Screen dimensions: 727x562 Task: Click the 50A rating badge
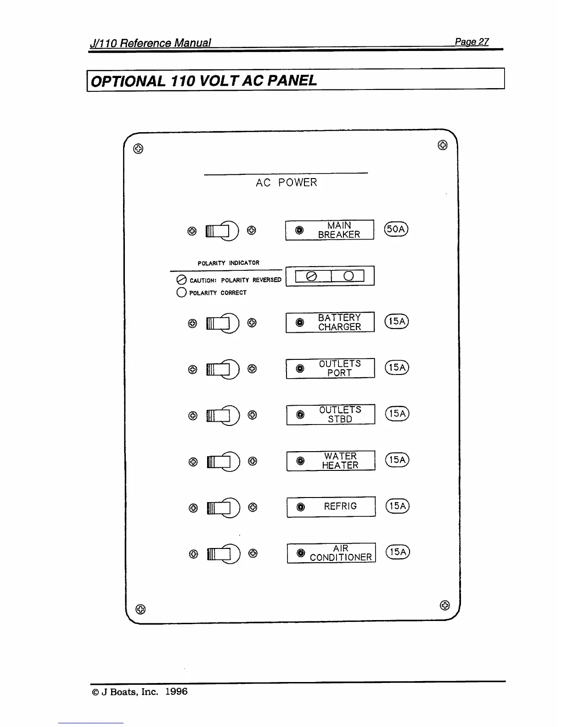coord(397,229)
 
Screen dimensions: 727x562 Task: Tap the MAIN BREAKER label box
coord(330,230)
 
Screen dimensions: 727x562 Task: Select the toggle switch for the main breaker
coord(222,230)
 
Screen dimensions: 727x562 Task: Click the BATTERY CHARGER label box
coord(330,322)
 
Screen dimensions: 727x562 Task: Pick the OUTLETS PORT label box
coord(331,368)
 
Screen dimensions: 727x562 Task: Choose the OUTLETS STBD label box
coord(331,414)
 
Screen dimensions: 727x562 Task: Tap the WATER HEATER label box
coord(331,461)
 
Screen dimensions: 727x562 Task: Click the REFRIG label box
coord(331,507)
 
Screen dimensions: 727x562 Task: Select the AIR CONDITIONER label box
coord(331,553)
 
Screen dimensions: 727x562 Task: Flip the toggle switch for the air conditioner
coord(223,554)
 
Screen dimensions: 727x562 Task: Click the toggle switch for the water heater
coord(223,462)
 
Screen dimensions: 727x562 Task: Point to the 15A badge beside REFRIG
coord(398,506)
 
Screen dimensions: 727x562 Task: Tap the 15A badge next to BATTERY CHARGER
coord(397,321)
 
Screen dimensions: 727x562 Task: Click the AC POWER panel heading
coord(286,183)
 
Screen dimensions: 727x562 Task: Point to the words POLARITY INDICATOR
coord(228,263)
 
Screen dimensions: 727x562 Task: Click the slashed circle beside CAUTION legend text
coord(181,280)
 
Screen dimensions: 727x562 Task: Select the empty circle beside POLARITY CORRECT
coord(181,292)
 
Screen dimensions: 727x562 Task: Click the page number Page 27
coord(472,42)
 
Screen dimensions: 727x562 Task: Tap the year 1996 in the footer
coord(176,692)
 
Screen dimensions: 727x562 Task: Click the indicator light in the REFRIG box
coord(300,507)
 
